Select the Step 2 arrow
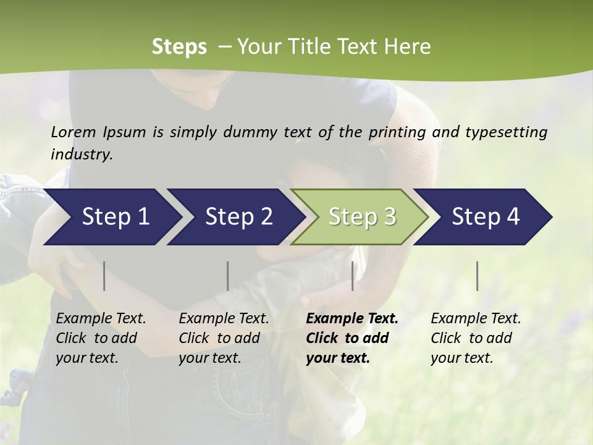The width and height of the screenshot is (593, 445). [x=238, y=216]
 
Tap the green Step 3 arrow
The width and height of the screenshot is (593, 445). [x=362, y=216]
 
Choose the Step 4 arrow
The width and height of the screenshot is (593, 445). [x=486, y=216]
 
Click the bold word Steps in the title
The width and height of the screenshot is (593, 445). [x=179, y=46]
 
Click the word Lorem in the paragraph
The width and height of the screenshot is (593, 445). [x=74, y=132]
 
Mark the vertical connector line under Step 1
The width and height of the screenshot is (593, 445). [x=104, y=276]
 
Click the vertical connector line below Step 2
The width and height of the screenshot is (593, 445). [x=228, y=276]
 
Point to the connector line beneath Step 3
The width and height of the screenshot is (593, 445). [x=353, y=276]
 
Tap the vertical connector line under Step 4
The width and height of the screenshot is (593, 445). [x=477, y=276]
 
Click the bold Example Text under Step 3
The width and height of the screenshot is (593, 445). [x=352, y=319]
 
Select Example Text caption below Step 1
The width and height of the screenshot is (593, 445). [x=101, y=319]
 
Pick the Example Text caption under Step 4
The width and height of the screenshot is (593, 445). [x=476, y=319]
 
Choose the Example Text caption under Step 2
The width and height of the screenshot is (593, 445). [x=224, y=319]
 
